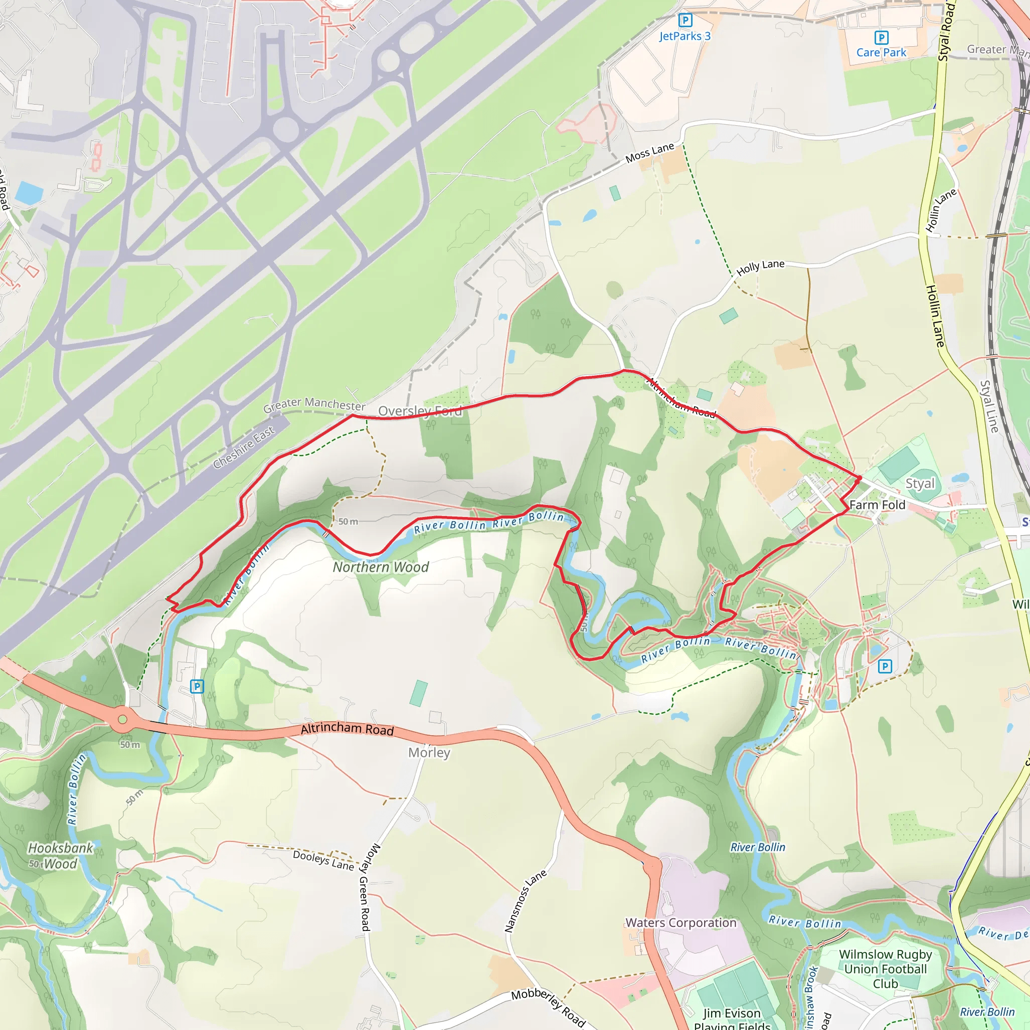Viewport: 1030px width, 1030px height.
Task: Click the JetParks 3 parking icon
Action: (685, 21)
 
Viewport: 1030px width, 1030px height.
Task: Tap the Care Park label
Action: (881, 52)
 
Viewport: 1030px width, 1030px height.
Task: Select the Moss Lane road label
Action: (649, 153)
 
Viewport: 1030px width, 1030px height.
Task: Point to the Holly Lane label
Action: (760, 267)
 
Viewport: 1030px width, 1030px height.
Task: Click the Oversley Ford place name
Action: (420, 411)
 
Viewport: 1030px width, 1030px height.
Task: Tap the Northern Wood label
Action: (381, 567)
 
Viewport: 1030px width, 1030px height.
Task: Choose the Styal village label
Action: (920, 483)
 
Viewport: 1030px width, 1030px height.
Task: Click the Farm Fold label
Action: (877, 505)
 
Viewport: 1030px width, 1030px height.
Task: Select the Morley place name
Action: (429, 752)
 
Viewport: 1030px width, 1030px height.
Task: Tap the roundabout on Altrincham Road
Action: (123, 720)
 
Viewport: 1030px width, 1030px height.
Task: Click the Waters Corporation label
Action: (681, 923)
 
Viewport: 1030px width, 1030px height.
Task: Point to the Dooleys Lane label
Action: (323, 860)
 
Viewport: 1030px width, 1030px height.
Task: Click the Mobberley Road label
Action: (548, 1007)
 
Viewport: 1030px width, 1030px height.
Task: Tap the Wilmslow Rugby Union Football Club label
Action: (886, 969)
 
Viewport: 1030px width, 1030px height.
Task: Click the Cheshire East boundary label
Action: (243, 447)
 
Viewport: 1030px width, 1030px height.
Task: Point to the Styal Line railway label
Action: (989, 406)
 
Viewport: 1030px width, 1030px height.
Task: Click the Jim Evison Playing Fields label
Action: (732, 1019)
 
